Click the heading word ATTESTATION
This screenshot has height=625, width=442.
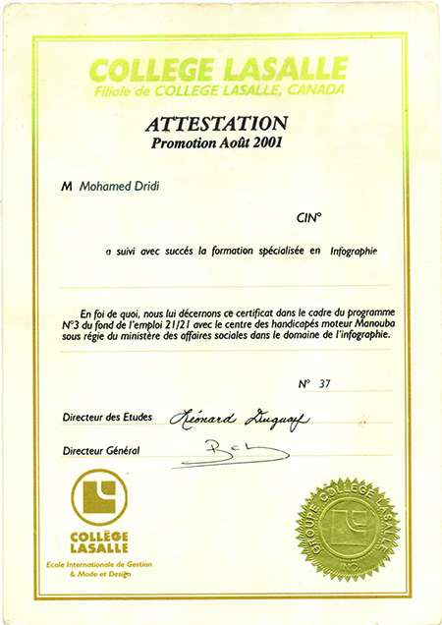click(x=216, y=124)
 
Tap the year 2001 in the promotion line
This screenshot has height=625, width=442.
click(x=266, y=143)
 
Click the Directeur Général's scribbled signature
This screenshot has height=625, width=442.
click(x=241, y=449)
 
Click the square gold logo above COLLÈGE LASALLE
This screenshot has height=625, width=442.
click(x=98, y=499)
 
